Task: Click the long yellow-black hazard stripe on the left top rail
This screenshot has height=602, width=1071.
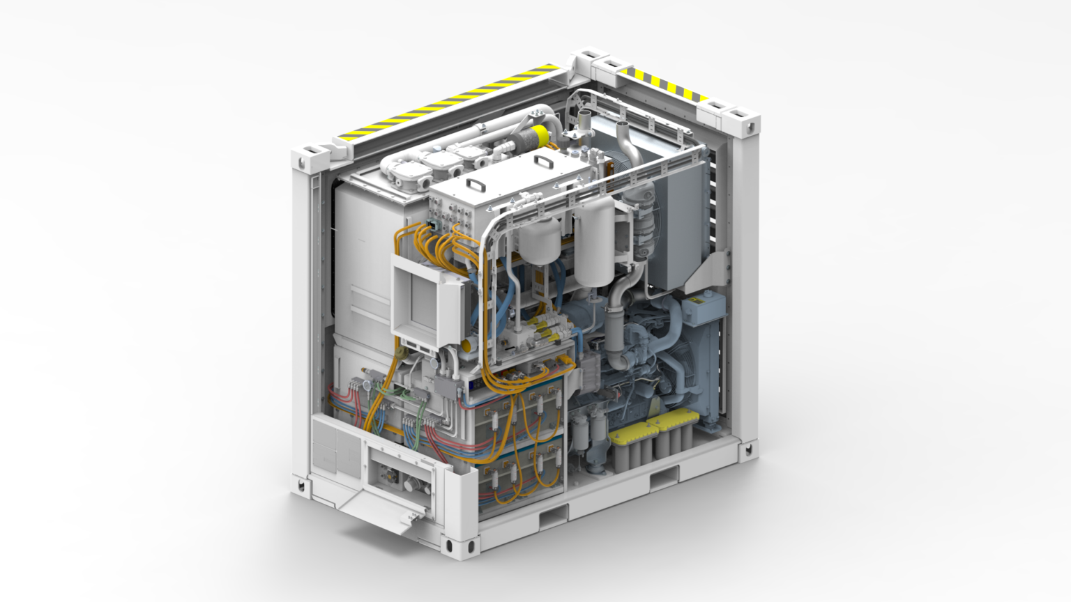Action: [446, 102]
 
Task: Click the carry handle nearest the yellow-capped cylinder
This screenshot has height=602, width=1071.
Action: [542, 162]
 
